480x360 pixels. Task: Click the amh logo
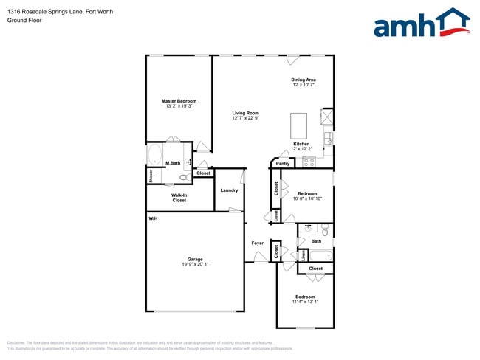coord(422,23)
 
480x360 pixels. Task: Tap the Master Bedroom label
coord(179,101)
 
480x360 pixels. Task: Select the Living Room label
coord(245,113)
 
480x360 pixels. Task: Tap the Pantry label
coord(283,163)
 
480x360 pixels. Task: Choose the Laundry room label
coord(229,190)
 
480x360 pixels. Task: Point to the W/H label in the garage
coord(153,218)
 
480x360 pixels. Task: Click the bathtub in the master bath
coord(155,155)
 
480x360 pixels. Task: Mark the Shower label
coord(150,176)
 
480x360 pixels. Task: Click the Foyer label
coord(257,243)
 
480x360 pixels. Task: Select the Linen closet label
coord(302,255)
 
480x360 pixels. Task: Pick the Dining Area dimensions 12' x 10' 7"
coord(304,86)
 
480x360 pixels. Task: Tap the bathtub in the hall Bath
coord(320,255)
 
